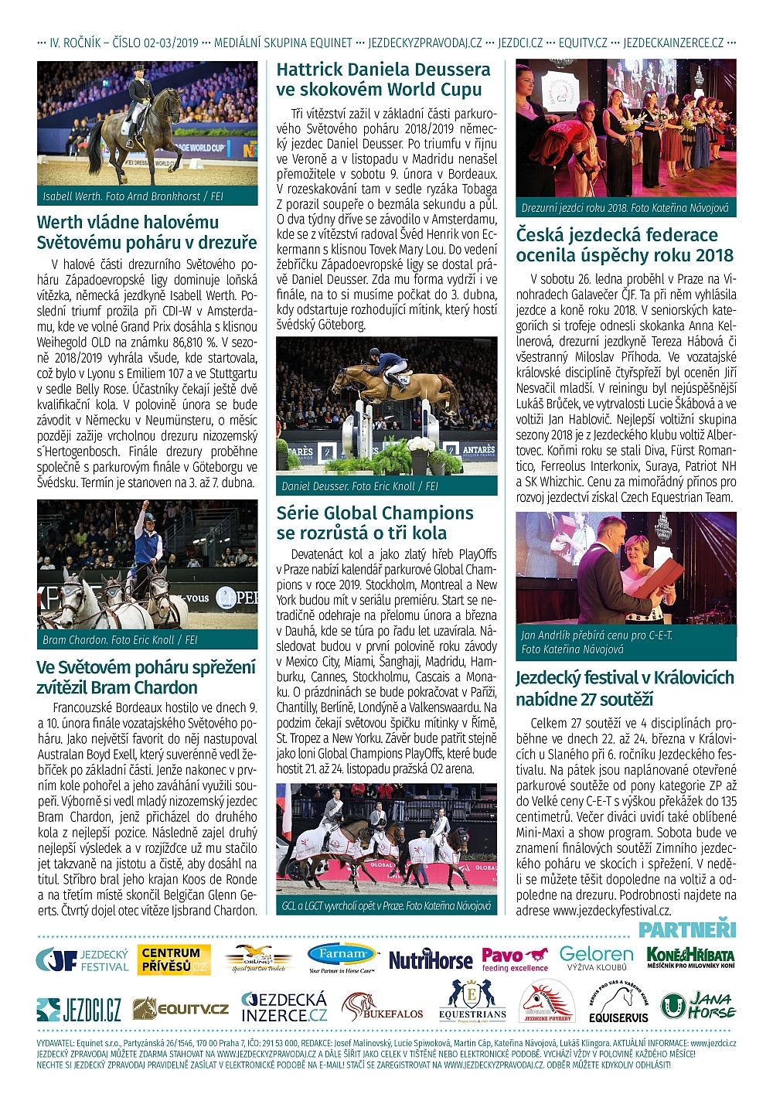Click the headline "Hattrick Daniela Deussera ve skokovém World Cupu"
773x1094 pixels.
[x=383, y=80]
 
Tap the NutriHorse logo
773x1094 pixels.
[x=430, y=959]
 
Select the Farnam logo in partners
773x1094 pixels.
[x=341, y=959]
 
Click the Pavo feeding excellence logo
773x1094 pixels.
[x=515, y=959]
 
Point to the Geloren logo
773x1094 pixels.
[x=596, y=959]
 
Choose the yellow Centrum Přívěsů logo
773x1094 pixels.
[x=175, y=959]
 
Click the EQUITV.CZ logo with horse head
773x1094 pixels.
[x=181, y=1008]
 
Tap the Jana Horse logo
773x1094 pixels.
[x=698, y=1005]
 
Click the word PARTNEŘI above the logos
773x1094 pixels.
[x=686, y=929]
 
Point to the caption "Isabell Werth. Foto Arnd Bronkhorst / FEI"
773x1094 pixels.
[x=133, y=196]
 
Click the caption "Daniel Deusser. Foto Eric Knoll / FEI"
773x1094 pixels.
[x=360, y=486]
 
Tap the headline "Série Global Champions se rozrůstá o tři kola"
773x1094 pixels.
[x=375, y=523]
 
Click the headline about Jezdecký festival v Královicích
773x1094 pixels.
[x=625, y=688]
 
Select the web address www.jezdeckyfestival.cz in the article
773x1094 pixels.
[x=611, y=911]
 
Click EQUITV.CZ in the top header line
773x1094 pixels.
[x=583, y=43]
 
